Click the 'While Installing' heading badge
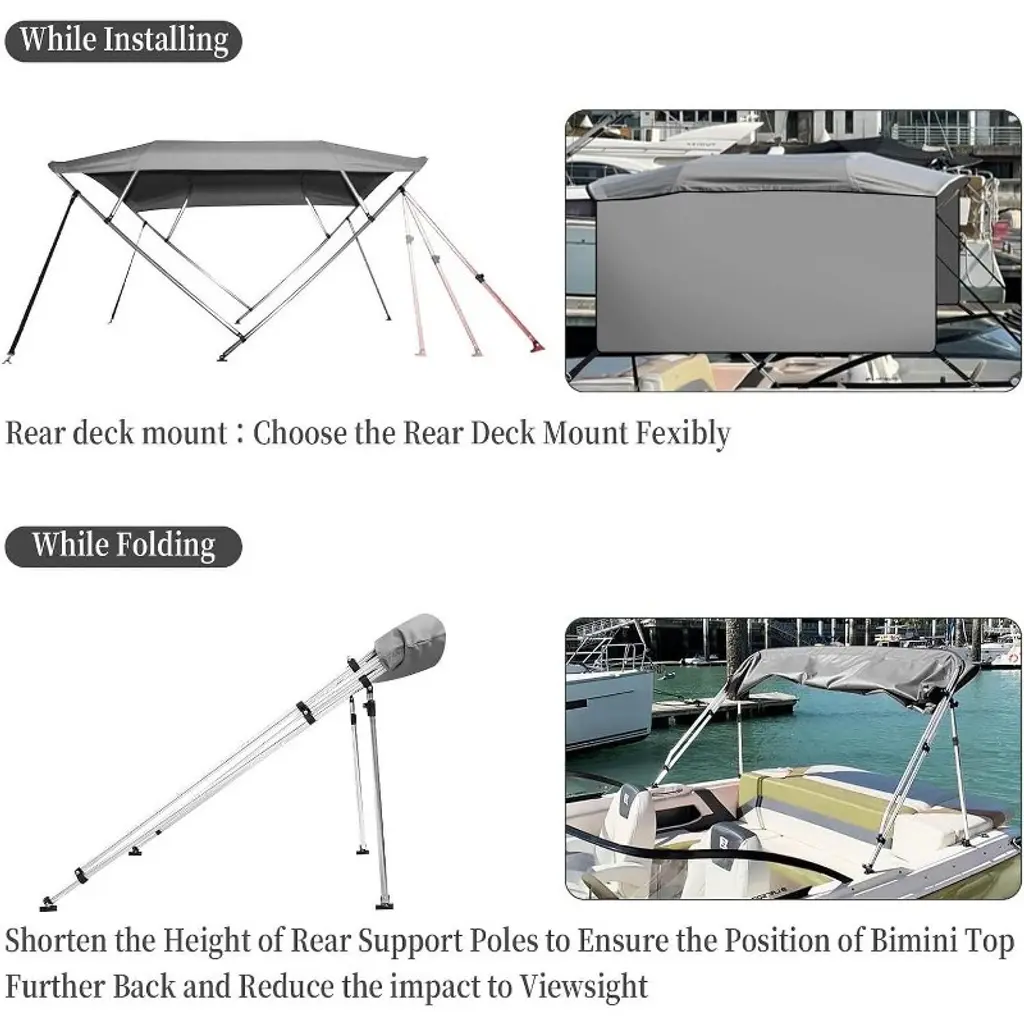[x=123, y=40]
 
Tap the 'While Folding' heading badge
[x=123, y=546]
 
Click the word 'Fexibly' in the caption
[x=683, y=434]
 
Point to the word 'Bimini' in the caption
[x=914, y=940]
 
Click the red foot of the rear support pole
[x=537, y=344]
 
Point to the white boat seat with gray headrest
[x=630, y=830]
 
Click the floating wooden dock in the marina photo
[x=724, y=708]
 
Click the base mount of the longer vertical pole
[x=385, y=904]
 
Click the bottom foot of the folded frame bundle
[x=48, y=904]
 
